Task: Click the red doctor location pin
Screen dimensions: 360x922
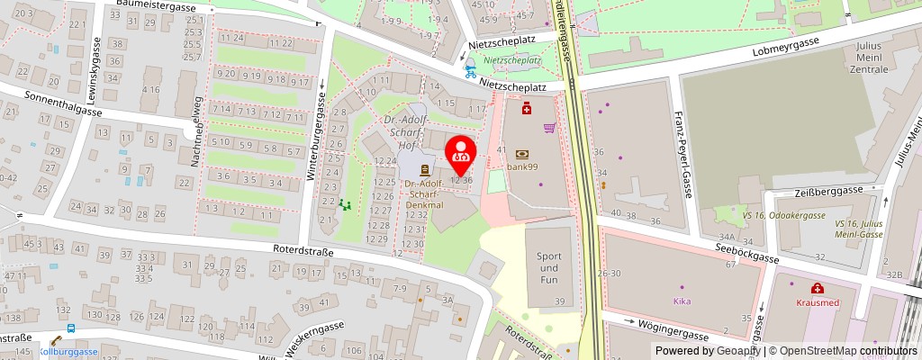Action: tap(461, 155)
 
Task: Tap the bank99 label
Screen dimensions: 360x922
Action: tap(522, 166)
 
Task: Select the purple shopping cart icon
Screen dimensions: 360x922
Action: tap(548, 128)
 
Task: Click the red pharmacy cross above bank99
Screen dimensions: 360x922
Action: tap(527, 109)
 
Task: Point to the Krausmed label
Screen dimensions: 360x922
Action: tap(818, 303)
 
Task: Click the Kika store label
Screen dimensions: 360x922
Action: tap(682, 301)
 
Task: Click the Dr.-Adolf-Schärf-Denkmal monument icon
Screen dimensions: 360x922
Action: tap(424, 169)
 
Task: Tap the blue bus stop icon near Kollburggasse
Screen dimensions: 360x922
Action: tap(70, 328)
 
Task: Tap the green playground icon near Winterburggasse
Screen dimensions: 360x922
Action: tap(344, 205)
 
